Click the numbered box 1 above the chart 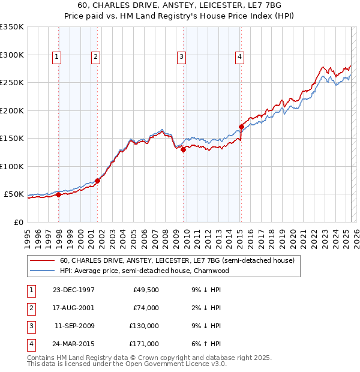[56, 57]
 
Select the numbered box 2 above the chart [95, 57]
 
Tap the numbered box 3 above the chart [181, 57]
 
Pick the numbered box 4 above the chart [239, 57]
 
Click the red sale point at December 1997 [59, 194]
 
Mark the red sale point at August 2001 [97, 181]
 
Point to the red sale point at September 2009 [183, 150]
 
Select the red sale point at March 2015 [241, 127]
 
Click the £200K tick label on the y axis [12, 110]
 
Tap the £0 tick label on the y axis [18, 222]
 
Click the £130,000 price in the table [145, 326]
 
